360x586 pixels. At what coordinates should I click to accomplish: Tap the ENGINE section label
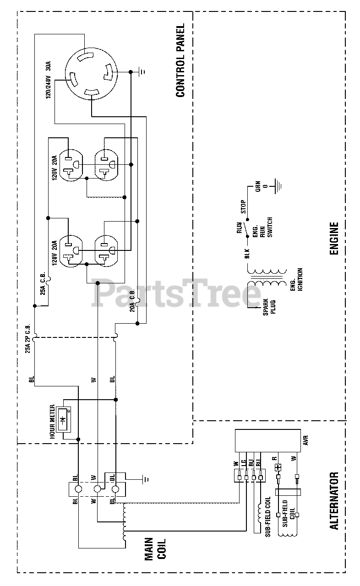(333, 239)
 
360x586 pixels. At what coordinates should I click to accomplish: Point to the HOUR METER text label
(52, 422)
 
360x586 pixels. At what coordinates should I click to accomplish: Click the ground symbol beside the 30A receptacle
(142, 72)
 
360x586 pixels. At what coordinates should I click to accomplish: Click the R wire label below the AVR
(274, 458)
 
